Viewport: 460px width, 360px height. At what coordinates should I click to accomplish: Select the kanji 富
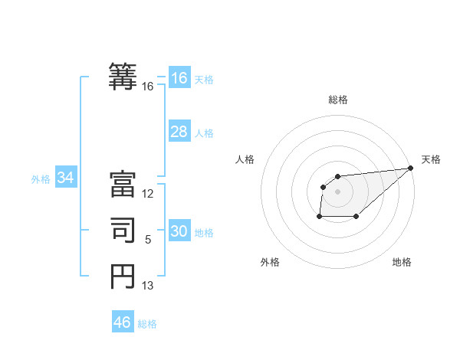[123, 185]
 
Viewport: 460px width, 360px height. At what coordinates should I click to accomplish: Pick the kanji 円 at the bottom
[123, 276]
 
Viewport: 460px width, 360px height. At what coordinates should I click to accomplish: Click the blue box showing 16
[179, 78]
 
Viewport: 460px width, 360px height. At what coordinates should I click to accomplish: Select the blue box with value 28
[179, 132]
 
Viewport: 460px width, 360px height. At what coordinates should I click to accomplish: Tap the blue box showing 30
[179, 231]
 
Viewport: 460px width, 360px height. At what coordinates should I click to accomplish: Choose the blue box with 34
[66, 178]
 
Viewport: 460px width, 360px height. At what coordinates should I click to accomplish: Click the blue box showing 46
[123, 322]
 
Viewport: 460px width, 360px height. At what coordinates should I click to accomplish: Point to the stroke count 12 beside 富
[148, 194]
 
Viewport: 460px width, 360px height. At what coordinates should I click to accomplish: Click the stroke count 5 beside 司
[148, 240]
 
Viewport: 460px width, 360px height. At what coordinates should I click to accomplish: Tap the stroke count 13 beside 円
[148, 286]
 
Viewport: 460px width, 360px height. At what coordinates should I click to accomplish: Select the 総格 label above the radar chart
[338, 100]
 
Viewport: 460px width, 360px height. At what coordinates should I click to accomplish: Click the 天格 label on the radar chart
[431, 159]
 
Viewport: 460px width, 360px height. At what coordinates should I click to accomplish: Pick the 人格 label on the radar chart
[245, 159]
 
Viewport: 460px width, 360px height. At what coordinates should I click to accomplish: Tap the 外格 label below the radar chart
[270, 262]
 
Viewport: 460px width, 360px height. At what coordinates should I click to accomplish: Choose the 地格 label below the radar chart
[402, 262]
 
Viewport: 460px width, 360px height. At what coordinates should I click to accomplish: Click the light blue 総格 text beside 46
[147, 324]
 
